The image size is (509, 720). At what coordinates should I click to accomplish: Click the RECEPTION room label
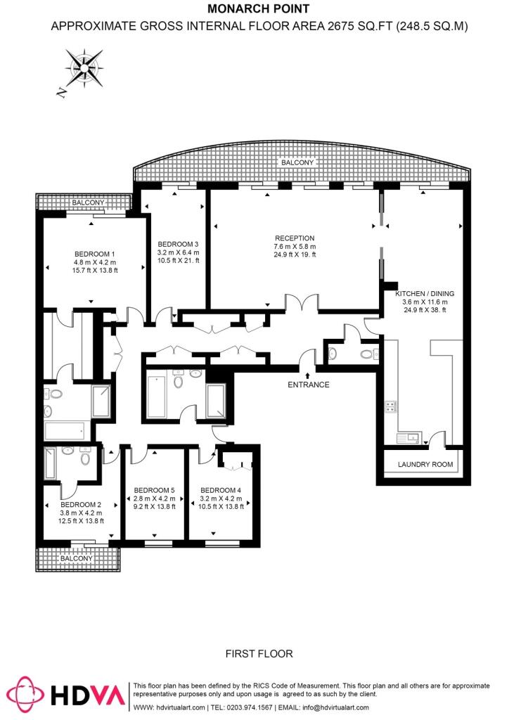click(295, 238)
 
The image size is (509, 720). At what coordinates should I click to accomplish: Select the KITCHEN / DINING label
click(425, 293)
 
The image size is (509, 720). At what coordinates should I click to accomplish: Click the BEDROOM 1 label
click(94, 254)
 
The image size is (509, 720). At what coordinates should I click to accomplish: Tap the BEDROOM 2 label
click(81, 504)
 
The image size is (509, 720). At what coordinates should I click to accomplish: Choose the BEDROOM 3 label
click(179, 243)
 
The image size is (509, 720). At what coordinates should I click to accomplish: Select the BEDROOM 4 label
click(221, 490)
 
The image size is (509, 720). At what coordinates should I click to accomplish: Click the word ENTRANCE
click(308, 385)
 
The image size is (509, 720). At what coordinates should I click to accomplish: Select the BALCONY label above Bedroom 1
click(88, 202)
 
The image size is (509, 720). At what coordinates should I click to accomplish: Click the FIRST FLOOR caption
click(259, 654)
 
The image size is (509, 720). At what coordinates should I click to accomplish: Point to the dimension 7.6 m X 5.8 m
click(295, 247)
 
